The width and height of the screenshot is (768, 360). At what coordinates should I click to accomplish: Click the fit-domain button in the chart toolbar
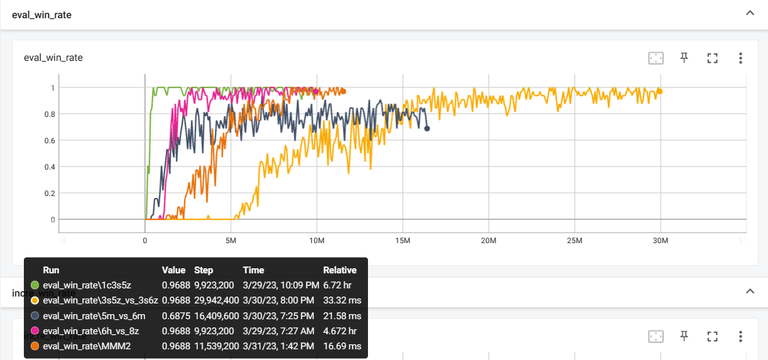(x=656, y=58)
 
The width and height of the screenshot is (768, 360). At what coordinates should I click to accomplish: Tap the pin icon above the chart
(x=684, y=58)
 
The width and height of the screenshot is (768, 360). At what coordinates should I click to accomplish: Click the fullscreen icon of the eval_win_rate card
(x=712, y=58)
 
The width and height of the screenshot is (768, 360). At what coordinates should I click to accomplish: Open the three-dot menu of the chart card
(x=740, y=58)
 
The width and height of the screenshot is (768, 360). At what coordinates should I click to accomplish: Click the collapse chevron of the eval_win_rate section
(x=749, y=13)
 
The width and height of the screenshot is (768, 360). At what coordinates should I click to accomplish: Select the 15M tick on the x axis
(x=403, y=241)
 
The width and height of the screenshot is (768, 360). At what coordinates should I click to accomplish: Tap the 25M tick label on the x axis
(x=574, y=241)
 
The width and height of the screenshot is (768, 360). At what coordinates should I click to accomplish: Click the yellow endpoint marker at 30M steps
(x=659, y=92)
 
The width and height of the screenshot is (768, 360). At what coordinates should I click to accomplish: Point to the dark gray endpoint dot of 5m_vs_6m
(x=427, y=129)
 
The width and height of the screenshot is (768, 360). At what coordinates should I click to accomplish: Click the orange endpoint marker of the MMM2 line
(x=343, y=92)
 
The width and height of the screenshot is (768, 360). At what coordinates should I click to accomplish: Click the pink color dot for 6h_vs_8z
(x=35, y=331)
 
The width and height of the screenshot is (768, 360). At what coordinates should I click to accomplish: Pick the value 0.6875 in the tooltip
(x=174, y=316)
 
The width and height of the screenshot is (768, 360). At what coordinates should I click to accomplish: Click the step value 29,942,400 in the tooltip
(x=216, y=301)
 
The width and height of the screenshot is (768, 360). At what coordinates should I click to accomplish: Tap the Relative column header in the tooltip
(x=340, y=270)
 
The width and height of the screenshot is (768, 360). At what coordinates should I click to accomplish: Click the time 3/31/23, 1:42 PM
(x=278, y=346)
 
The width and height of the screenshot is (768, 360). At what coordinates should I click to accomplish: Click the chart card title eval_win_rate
(x=53, y=58)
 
